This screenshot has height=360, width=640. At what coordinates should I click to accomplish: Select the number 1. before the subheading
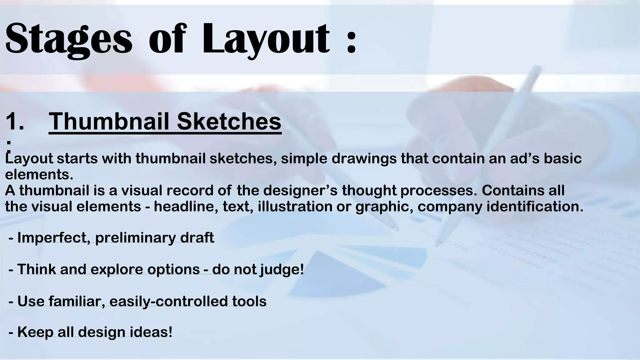click(x=15, y=121)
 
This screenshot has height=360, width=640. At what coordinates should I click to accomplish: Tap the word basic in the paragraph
click(x=562, y=158)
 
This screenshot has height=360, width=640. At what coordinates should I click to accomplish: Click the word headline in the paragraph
click(x=186, y=207)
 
